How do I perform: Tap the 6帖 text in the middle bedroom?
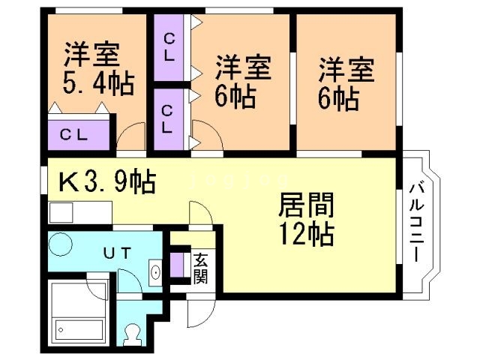[235, 97]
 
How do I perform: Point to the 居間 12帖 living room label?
[305, 220]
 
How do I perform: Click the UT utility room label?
[118, 253]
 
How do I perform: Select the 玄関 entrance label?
[201, 268]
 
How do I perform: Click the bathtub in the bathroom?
[78, 326]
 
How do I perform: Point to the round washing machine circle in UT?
[60, 244]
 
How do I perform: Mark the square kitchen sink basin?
[61, 212]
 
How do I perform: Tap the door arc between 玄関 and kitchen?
[200, 213]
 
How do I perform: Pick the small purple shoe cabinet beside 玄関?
[177, 266]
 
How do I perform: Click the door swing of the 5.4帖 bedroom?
[132, 136]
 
